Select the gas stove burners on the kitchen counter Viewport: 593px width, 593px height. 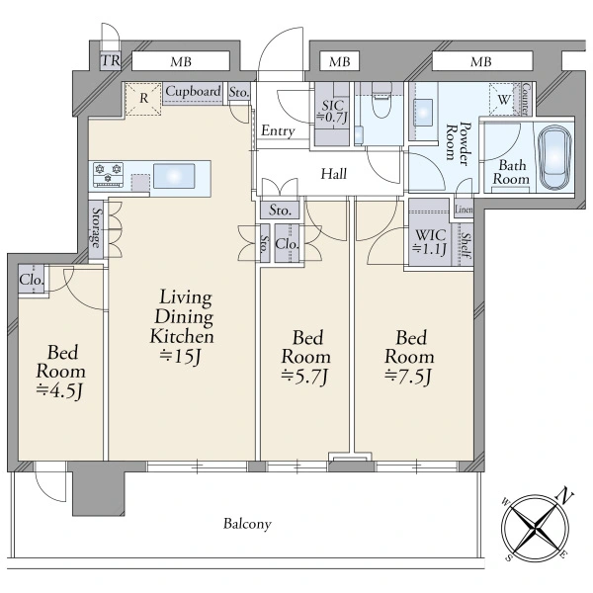pos(109,174)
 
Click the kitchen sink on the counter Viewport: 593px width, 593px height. pos(174,176)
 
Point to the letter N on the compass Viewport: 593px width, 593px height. pos(564,495)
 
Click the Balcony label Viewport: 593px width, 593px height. pos(247,524)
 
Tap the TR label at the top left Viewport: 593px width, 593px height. pos(111,60)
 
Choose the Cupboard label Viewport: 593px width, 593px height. pos(193,91)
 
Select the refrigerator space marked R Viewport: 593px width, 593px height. pos(143,99)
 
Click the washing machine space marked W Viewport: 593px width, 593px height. pos(504,100)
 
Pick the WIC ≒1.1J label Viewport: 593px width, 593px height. pos(430,242)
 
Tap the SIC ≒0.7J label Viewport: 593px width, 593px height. pos(332,111)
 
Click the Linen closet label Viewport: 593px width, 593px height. pos(464,210)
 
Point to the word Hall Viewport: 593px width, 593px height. pos(334,174)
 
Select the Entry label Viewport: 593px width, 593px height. pos(278,130)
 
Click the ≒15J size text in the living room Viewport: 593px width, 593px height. pos(180,356)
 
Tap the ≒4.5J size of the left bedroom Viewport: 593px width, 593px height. pos(59,391)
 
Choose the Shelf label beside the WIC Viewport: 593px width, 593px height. pos(466,245)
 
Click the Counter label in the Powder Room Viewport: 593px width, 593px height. pos(526,99)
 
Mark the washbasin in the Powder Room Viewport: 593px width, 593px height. pos(424,113)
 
